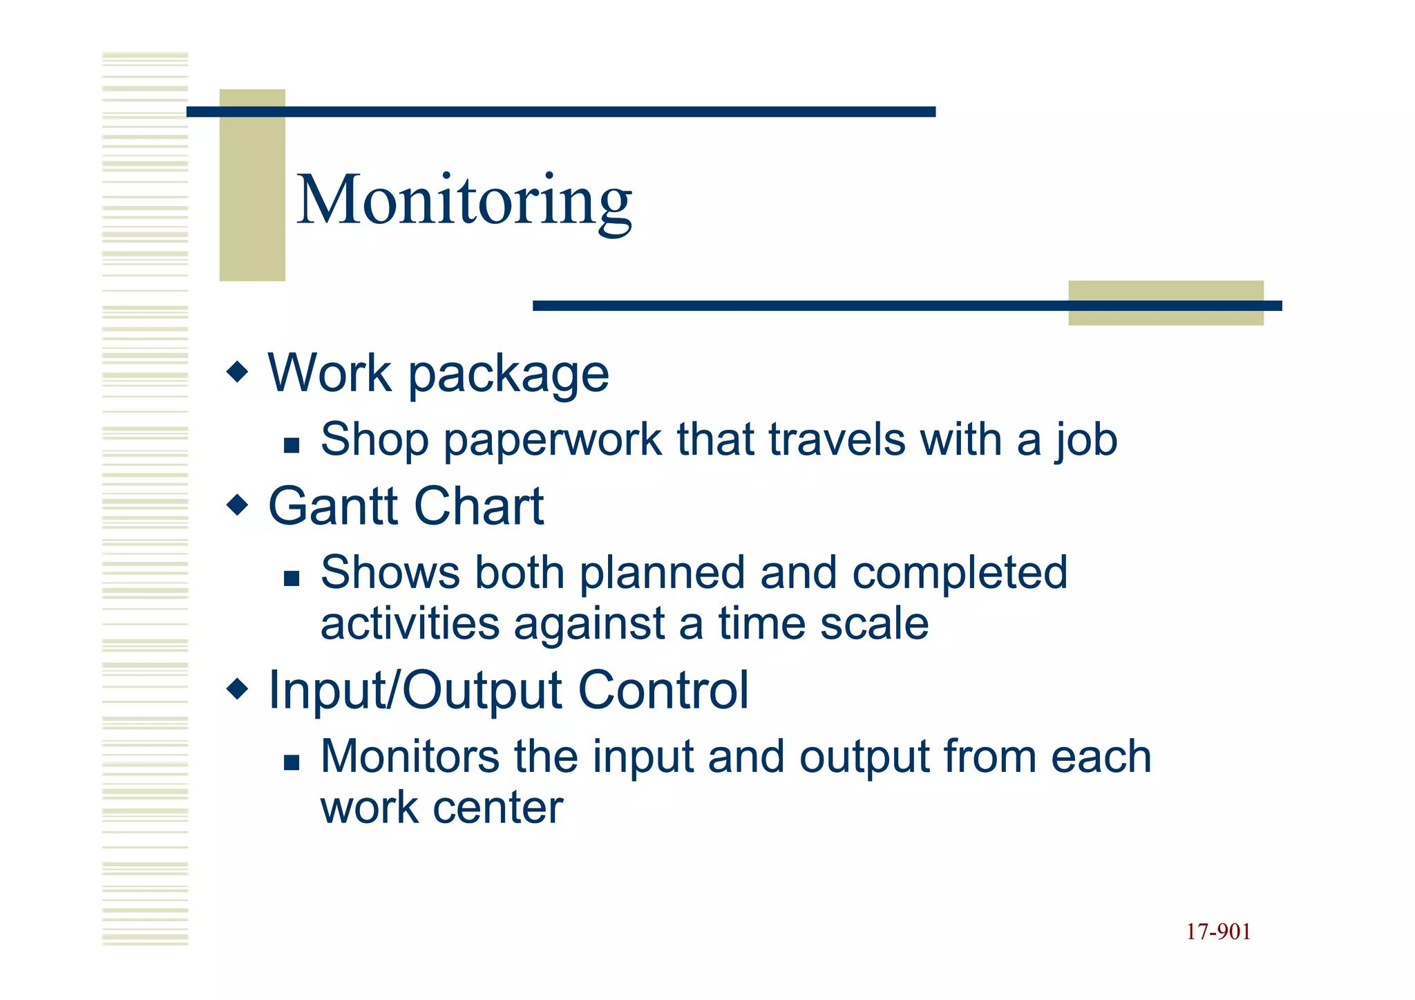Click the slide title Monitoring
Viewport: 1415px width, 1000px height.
click(x=464, y=200)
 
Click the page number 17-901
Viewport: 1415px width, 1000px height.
click(x=1218, y=932)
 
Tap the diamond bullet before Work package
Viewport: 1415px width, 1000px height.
click(x=237, y=372)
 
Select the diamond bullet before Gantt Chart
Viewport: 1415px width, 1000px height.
click(x=237, y=505)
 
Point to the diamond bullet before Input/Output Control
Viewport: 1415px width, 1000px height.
click(x=237, y=688)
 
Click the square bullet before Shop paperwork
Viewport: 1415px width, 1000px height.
click(x=292, y=445)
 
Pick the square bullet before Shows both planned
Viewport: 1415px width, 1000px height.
click(x=292, y=578)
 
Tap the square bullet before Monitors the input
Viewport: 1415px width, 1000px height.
click(x=292, y=762)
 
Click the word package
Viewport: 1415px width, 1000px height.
click(x=509, y=375)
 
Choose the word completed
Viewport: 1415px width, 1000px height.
click(x=960, y=574)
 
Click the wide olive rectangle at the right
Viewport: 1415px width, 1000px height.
click(x=1166, y=303)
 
